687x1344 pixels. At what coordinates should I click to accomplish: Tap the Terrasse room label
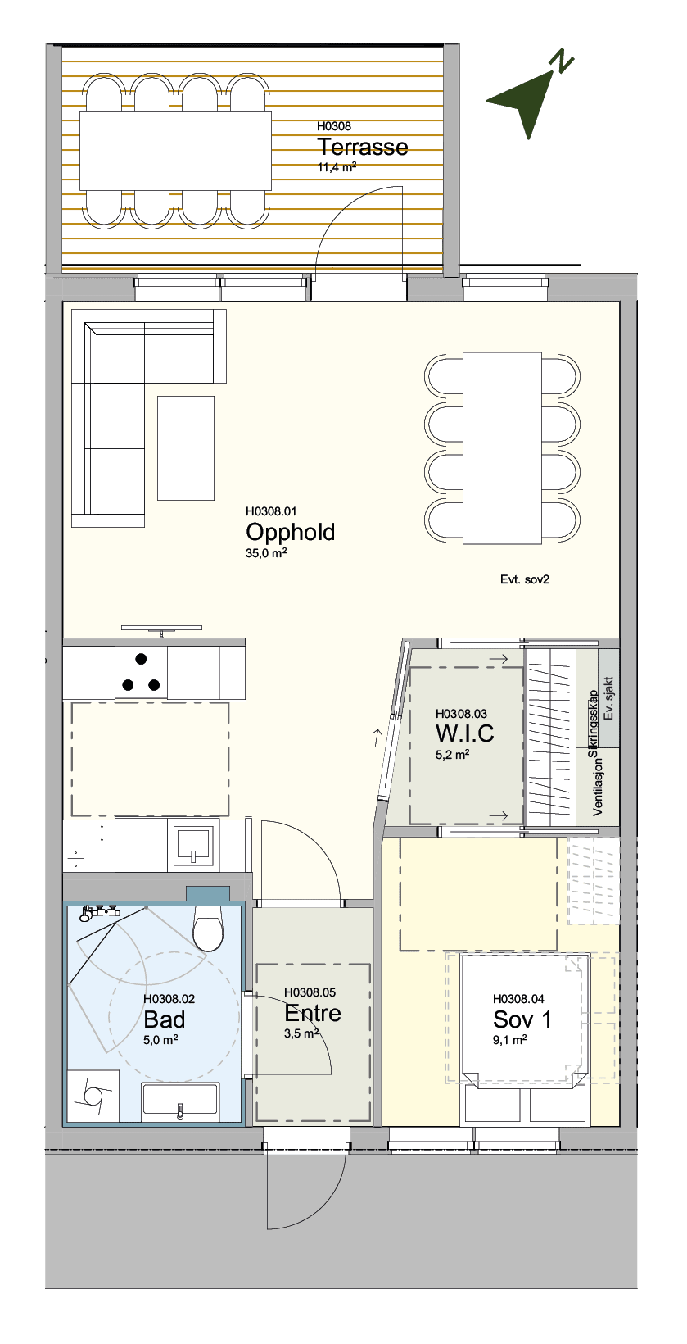363,147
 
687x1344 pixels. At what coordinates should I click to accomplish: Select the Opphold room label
290,532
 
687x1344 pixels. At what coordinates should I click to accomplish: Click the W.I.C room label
464,733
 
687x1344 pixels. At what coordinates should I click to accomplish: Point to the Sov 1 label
522,1019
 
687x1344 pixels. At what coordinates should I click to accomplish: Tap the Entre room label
312,1013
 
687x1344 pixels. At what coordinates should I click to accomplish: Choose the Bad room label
165,1019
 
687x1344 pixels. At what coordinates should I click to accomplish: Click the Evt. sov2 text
525,579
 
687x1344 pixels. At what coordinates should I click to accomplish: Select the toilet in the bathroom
208,929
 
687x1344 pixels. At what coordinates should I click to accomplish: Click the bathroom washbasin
180,1101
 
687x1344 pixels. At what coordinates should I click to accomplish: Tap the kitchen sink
193,845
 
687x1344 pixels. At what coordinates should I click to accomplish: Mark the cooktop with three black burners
141,672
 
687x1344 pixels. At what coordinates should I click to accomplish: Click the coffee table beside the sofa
186,447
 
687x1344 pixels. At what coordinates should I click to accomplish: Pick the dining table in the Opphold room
503,448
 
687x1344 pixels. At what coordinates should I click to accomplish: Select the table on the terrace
176,151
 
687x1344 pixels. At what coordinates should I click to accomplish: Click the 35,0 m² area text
266,553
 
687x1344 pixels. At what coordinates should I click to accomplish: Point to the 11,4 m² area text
337,167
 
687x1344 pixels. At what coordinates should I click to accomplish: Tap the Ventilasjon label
598,785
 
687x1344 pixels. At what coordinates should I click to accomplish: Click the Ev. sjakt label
609,699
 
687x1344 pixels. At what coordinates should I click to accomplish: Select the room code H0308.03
461,714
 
